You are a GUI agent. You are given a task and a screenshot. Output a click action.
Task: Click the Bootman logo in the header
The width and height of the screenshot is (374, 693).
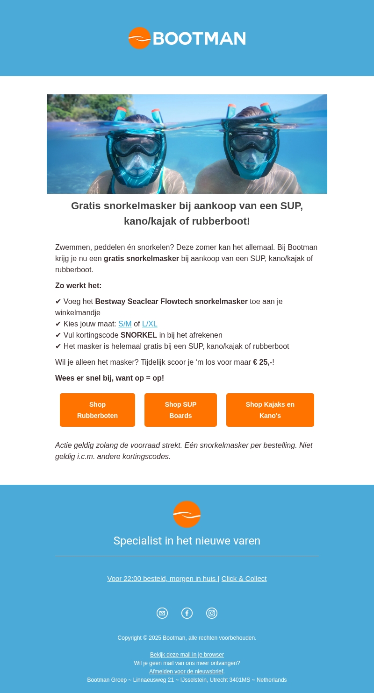click(187, 38)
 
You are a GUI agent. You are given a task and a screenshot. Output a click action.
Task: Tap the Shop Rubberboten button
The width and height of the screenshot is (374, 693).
click(97, 410)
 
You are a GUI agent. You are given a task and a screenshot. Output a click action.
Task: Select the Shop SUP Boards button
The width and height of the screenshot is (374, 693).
click(180, 410)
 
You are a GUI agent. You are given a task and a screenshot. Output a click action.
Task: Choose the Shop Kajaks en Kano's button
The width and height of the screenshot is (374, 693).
click(270, 410)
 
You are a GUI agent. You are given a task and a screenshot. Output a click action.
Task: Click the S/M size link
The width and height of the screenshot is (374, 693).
click(125, 324)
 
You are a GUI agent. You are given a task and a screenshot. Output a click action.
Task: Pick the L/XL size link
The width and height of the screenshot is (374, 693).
click(150, 324)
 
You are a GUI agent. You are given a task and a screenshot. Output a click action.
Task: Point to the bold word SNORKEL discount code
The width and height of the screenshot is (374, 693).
click(139, 335)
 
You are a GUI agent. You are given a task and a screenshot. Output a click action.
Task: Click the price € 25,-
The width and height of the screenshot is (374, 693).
click(262, 362)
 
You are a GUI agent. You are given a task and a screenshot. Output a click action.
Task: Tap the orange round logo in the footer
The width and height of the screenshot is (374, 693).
click(187, 514)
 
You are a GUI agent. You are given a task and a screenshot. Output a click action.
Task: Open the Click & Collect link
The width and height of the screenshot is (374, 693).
click(244, 579)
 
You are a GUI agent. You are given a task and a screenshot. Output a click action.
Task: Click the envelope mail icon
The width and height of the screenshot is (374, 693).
click(162, 613)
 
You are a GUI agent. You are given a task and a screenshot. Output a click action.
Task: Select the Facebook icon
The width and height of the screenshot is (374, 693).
click(187, 613)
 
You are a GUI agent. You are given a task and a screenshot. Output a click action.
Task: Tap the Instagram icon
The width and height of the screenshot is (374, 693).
click(212, 613)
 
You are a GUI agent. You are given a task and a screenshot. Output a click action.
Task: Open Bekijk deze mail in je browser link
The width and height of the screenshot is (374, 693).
click(187, 655)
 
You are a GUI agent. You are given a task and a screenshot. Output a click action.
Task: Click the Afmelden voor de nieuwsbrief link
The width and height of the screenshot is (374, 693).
click(186, 672)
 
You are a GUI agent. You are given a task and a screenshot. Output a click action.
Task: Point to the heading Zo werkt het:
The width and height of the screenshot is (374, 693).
click(79, 286)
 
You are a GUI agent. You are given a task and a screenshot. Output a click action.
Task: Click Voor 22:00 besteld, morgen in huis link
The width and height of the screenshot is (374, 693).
click(161, 579)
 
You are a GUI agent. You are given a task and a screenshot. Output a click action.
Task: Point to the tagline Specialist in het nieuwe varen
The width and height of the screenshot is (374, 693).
click(187, 541)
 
